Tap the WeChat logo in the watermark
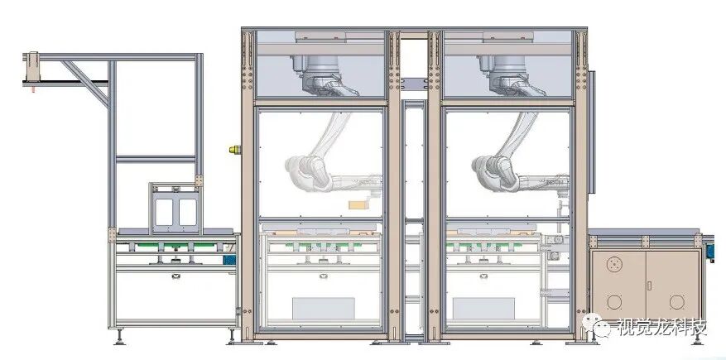[x=601, y=329]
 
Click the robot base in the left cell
[x=318, y=62]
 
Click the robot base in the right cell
[x=506, y=62]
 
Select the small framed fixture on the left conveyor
[x=175, y=205]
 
